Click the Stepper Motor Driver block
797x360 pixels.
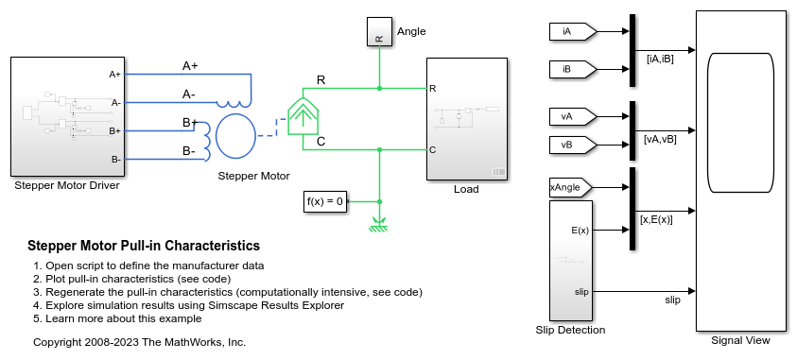pyautogui.click(x=68, y=116)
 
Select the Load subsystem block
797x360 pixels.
pyautogui.click(x=467, y=119)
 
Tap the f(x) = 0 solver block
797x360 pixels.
pyautogui.click(x=326, y=201)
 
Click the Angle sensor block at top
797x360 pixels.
pyautogui.click(x=379, y=31)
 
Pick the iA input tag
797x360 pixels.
pyautogui.click(x=572, y=31)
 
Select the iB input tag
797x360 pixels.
pyautogui.click(x=572, y=70)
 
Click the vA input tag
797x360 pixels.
pyautogui.click(x=572, y=116)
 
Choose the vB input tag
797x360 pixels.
pyautogui.click(x=572, y=145)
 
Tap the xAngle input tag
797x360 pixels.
pyautogui.click(x=571, y=187)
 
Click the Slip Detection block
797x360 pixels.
pyautogui.click(x=571, y=261)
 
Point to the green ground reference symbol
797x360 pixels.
pyautogui.click(x=379, y=225)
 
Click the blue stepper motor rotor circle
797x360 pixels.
pyautogui.click(x=235, y=136)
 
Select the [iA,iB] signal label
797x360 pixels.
pyautogui.click(x=660, y=59)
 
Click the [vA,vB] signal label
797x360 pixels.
pyautogui.click(x=660, y=139)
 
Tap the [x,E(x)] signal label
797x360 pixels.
pyautogui.click(x=656, y=219)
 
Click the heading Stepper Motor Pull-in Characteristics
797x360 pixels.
pyautogui.click(x=144, y=246)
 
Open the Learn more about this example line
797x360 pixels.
pyautogui.click(x=124, y=318)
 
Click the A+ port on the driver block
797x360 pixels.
pyautogui.click(x=115, y=74)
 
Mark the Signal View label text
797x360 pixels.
pyautogui.click(x=740, y=341)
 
